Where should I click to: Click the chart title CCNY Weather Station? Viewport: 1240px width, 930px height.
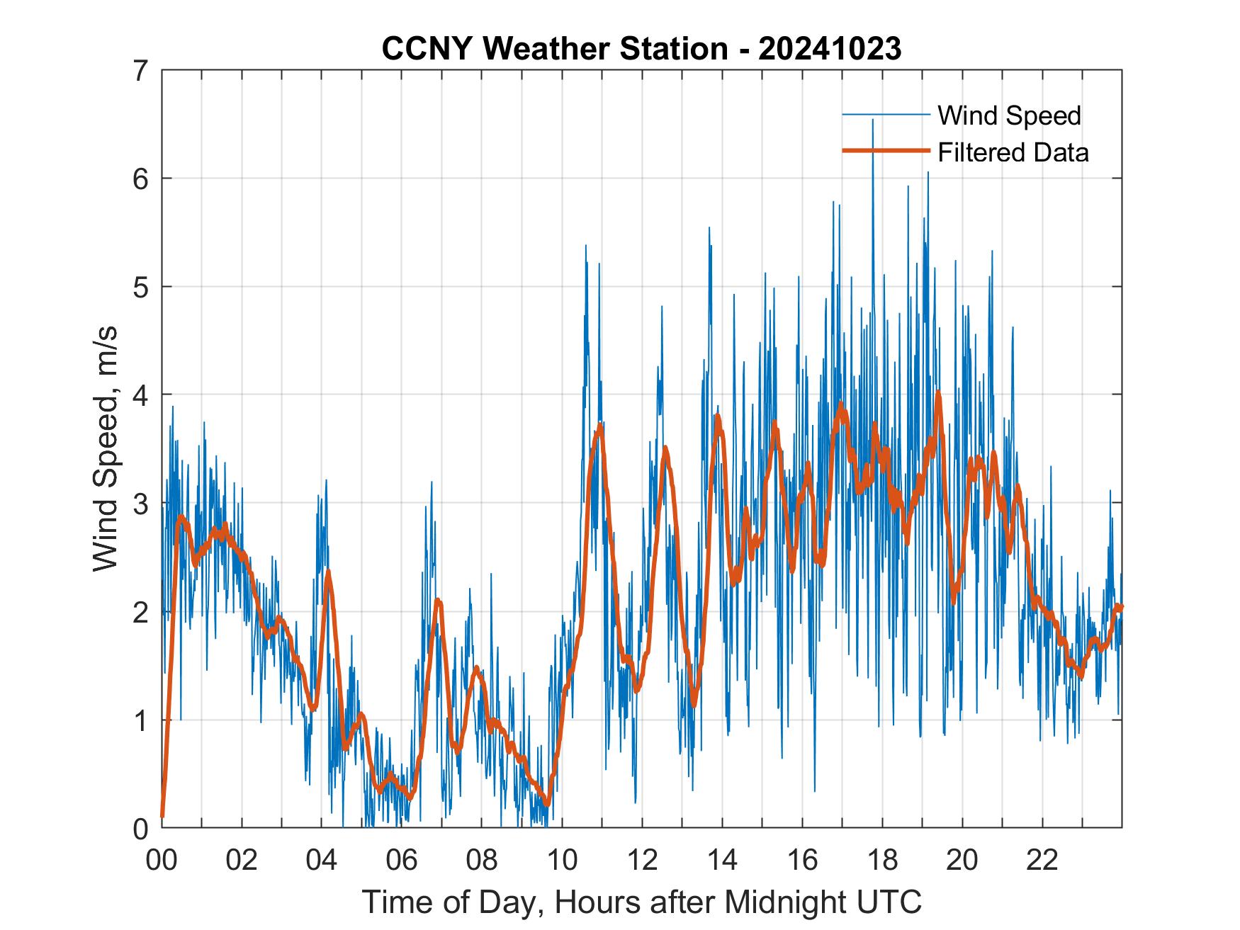pos(554,49)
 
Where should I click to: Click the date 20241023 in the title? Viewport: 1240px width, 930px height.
pos(830,49)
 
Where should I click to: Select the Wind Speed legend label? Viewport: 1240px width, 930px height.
pos(1009,115)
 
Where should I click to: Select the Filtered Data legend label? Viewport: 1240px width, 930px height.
pos(1013,152)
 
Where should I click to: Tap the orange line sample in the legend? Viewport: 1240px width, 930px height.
pos(885,151)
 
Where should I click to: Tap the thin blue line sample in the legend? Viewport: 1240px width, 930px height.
pos(885,114)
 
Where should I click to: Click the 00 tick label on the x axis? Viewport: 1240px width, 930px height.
pos(162,861)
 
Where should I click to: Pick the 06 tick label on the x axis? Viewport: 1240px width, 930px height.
pos(402,861)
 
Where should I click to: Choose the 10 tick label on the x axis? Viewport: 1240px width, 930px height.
pos(562,861)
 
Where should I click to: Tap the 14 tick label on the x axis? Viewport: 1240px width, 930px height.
pos(722,861)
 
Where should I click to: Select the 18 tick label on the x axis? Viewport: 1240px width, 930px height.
pos(882,861)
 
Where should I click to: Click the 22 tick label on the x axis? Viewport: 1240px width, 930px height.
pos(1042,861)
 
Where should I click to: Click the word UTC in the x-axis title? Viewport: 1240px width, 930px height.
pos(890,902)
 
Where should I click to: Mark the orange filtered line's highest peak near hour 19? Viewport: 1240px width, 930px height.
pos(938,392)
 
